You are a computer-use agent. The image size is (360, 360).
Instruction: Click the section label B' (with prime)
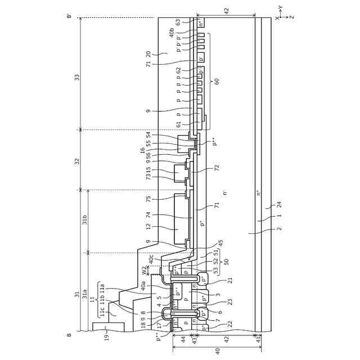69,17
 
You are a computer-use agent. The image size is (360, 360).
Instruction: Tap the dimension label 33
77,77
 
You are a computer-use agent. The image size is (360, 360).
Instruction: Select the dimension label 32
77,161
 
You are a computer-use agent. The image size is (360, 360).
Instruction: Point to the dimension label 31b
85,220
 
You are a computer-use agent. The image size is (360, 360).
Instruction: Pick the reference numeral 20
148,55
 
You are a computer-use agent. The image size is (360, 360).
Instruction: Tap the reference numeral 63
178,22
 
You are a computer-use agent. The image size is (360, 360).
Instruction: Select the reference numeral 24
279,205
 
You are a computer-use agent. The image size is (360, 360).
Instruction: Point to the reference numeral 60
217,81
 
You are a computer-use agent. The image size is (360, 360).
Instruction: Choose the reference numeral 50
226,262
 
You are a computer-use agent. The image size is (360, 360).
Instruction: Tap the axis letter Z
292,17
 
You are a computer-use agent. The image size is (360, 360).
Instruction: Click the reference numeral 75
148,199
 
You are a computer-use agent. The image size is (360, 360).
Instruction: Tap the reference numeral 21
230,280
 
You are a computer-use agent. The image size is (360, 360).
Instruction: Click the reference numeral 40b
172,33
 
